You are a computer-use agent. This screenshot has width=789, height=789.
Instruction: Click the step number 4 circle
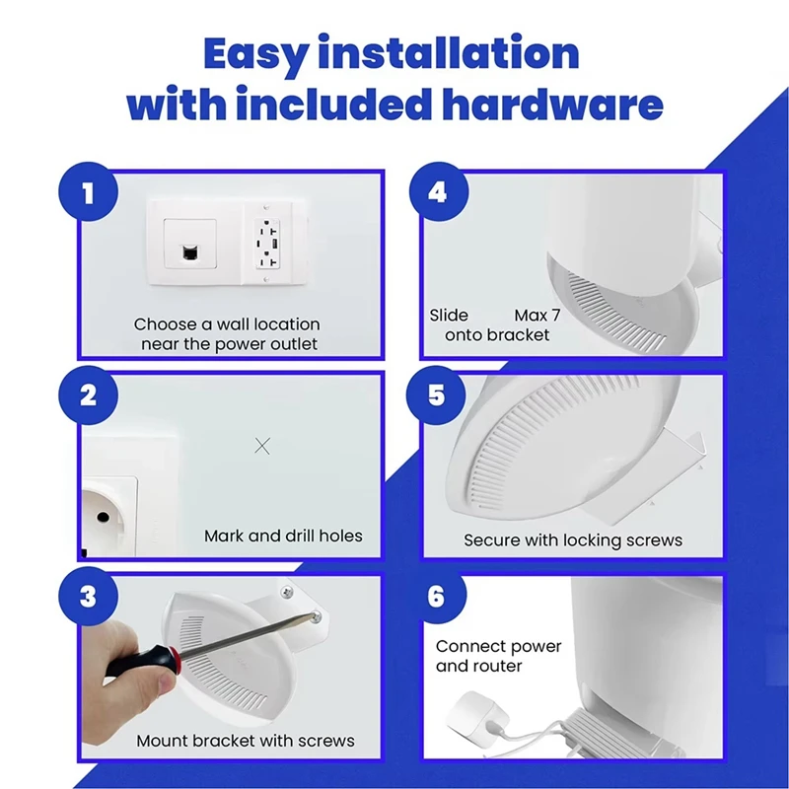click(x=437, y=191)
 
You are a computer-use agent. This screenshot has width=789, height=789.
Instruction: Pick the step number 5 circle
click(x=437, y=395)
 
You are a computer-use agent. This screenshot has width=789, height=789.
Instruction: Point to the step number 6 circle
click(x=437, y=599)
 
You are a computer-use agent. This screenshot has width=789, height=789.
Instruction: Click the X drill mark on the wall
click(x=262, y=446)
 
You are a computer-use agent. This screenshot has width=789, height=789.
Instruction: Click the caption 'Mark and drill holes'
click(x=283, y=537)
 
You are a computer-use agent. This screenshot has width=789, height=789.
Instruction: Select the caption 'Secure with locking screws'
click(x=573, y=540)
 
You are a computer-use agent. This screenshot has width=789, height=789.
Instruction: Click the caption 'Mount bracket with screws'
click(x=246, y=740)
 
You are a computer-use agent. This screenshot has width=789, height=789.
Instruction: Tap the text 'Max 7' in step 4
click(x=538, y=316)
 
